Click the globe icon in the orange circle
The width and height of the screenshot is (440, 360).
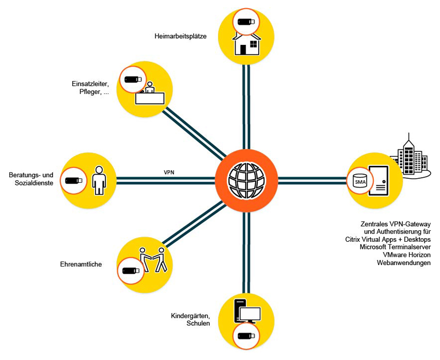coord(247,180)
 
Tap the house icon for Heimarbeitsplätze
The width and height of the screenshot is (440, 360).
coord(247,43)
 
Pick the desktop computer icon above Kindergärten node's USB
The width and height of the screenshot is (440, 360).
coord(247,311)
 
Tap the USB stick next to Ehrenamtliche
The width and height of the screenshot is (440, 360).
coord(131,270)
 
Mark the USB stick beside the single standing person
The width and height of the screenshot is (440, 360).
coord(72,181)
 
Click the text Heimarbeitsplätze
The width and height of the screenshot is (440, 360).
coord(180,36)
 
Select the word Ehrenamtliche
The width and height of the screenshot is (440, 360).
coord(81,264)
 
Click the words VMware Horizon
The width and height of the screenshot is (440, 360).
coord(406,255)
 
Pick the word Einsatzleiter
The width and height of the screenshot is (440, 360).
coord(90,84)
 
